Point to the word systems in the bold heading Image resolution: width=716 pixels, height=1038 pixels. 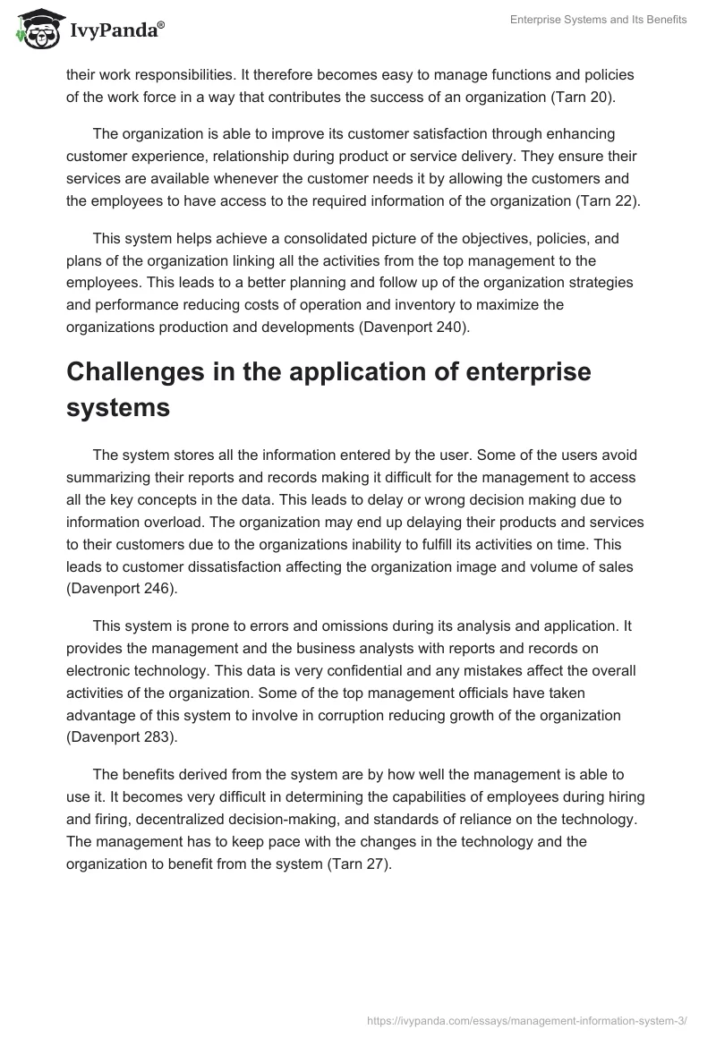click(x=117, y=407)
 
